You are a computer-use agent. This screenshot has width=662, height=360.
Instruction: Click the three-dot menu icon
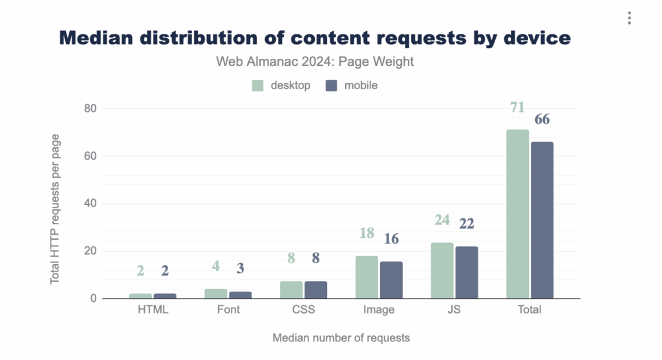tap(629, 18)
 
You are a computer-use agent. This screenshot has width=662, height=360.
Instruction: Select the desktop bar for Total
tap(517, 214)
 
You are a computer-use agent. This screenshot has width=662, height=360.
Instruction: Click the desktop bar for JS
tap(442, 271)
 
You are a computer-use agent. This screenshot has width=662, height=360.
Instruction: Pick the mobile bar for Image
tap(391, 280)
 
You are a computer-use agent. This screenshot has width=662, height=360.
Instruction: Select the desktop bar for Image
tap(367, 277)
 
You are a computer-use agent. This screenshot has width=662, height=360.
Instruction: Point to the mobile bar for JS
tap(467, 272)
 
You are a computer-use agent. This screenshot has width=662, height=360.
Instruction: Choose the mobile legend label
tap(361, 85)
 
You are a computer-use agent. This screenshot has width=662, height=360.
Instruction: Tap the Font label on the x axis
tap(228, 310)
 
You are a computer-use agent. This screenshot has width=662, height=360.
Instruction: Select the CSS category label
tap(303, 310)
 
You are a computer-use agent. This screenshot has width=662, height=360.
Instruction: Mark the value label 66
tap(542, 120)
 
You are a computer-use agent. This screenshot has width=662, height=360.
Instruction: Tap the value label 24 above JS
tap(442, 220)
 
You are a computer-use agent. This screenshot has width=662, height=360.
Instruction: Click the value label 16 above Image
tap(391, 238)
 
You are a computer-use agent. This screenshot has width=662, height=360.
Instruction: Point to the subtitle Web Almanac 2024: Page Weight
tap(314, 62)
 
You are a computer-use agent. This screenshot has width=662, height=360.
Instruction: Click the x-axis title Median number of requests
tap(341, 338)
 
